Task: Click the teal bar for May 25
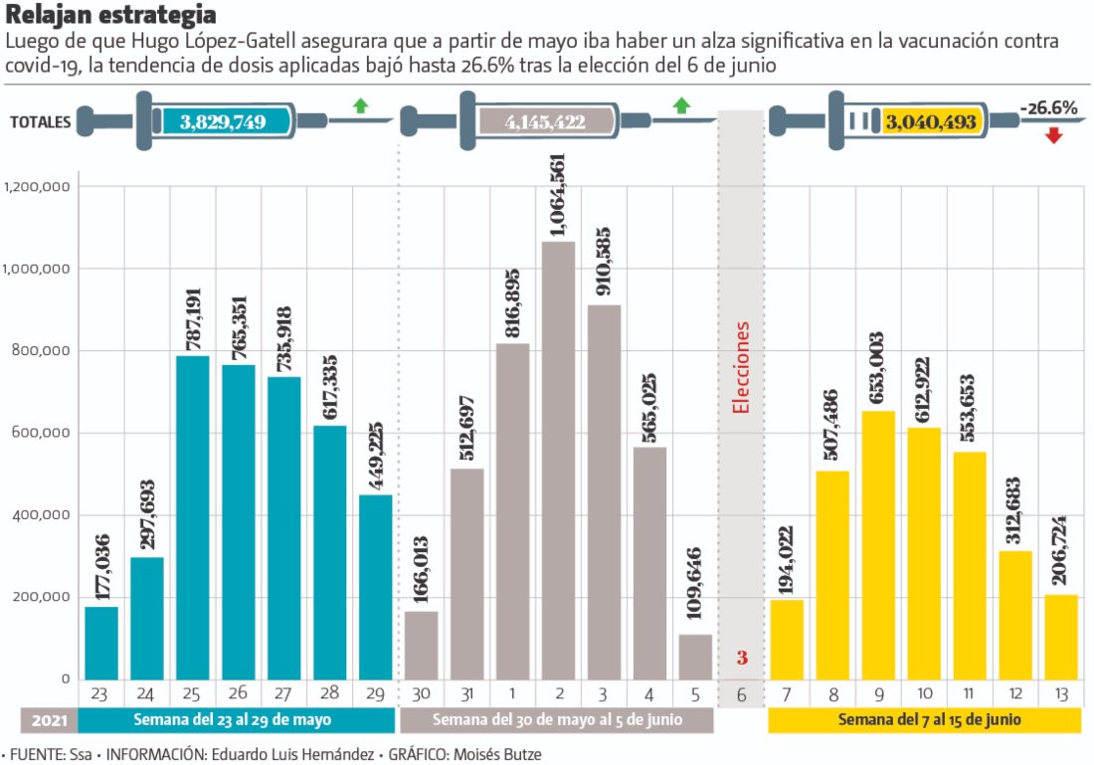(x=193, y=517)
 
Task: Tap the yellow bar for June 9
(x=878, y=545)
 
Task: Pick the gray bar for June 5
(x=696, y=657)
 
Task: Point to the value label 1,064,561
(x=558, y=195)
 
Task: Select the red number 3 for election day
(x=742, y=658)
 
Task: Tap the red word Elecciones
(x=741, y=367)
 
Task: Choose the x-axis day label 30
(x=422, y=694)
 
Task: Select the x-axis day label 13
(x=1061, y=694)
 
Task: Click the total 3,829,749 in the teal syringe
(x=223, y=121)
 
